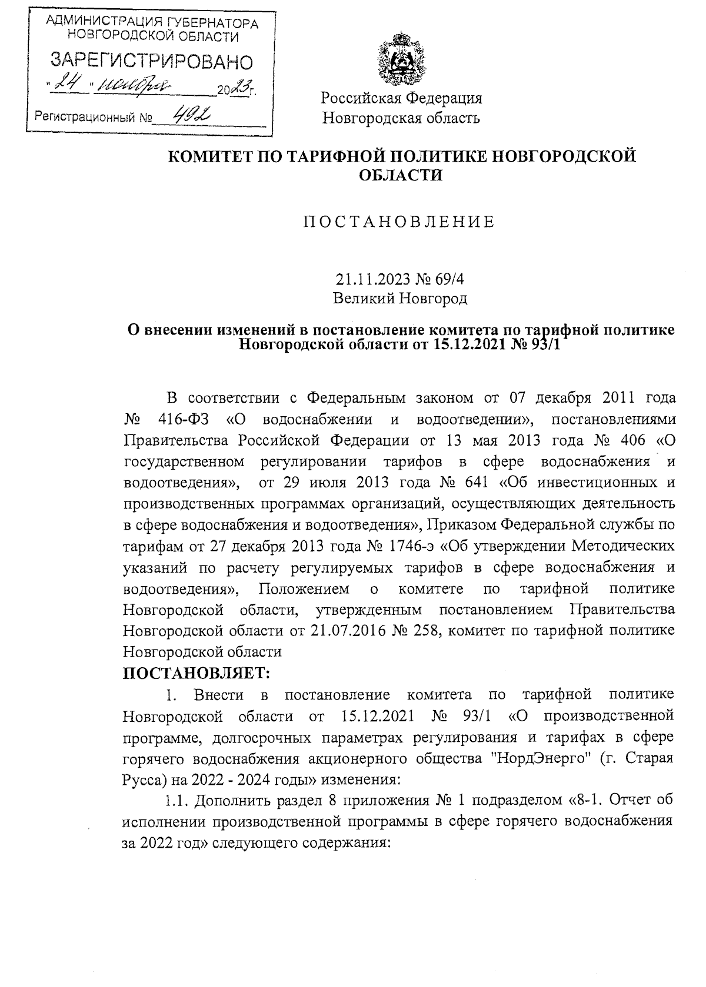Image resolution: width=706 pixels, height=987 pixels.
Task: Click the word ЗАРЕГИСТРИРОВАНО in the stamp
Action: [152, 61]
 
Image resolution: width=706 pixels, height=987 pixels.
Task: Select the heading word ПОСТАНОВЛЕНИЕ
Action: [399, 222]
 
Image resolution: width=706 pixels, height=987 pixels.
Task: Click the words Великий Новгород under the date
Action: [400, 299]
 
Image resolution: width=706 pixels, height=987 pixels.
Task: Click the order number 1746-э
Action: [412, 546]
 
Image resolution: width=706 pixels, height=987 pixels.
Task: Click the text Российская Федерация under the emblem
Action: [401, 97]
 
